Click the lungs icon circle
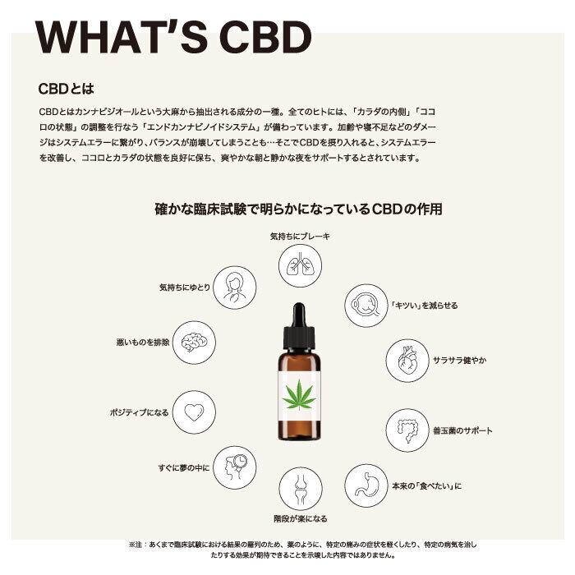(x=300, y=265)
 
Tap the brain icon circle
(x=194, y=343)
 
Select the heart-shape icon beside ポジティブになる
(x=194, y=412)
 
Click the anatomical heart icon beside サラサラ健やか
(x=407, y=361)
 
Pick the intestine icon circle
(x=407, y=430)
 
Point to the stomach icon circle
(x=366, y=485)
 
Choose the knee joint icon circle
(x=301, y=489)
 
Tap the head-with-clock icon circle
(x=235, y=467)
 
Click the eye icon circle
(x=366, y=306)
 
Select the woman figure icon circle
(x=235, y=287)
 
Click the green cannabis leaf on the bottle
(x=299, y=395)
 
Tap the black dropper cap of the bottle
(x=299, y=326)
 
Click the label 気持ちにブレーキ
(x=300, y=237)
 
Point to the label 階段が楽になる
(x=301, y=518)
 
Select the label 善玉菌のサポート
(x=462, y=430)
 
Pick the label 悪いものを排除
(x=143, y=343)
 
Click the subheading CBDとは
(x=66, y=89)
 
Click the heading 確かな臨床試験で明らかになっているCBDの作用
(x=298, y=209)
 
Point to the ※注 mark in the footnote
(x=136, y=545)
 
